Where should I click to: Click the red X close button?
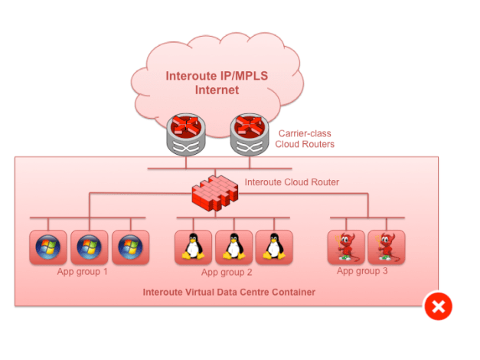click(438, 307)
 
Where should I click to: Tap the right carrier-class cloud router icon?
click(250, 136)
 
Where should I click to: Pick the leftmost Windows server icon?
click(48, 247)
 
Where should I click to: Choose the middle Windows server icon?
click(89, 247)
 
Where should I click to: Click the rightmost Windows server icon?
click(130, 247)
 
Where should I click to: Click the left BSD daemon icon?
click(345, 247)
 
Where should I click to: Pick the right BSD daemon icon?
click(386, 247)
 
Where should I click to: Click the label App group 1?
click(83, 272)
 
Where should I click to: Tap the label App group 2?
click(227, 273)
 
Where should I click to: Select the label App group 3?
click(362, 271)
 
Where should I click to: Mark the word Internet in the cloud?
click(217, 90)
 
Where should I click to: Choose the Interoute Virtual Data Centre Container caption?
click(229, 293)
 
